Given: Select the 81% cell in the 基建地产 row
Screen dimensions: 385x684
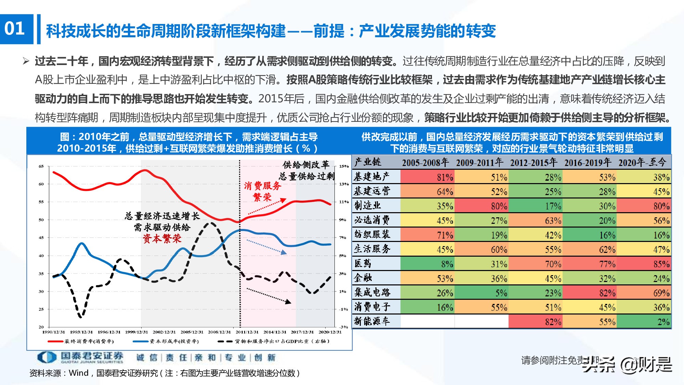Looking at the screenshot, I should [x=428, y=177].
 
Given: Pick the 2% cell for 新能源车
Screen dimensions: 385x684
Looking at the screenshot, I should [x=644, y=322].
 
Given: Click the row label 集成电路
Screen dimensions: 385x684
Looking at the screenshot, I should [x=372, y=293].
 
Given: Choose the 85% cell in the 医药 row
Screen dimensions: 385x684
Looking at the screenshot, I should [x=644, y=264].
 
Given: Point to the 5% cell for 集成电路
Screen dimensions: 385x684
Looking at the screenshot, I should [x=482, y=293].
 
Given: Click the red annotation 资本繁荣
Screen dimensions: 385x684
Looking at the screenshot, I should [x=162, y=239].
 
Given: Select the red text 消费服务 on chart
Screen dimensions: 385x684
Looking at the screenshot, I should [x=262, y=186].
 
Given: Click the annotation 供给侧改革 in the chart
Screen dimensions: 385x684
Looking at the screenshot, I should [x=305, y=165].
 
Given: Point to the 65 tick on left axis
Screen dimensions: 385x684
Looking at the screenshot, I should [x=41, y=166].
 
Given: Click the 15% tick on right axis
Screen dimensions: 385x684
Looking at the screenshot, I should [x=344, y=166].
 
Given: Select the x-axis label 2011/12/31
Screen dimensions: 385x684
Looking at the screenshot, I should [x=247, y=332].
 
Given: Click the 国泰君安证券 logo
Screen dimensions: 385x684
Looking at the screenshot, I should [x=80, y=357].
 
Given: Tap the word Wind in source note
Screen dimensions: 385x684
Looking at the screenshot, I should [x=79, y=373].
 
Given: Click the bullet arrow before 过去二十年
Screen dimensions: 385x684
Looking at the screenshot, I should [x=26, y=61].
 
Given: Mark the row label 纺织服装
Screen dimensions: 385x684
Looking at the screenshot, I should [x=372, y=235].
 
